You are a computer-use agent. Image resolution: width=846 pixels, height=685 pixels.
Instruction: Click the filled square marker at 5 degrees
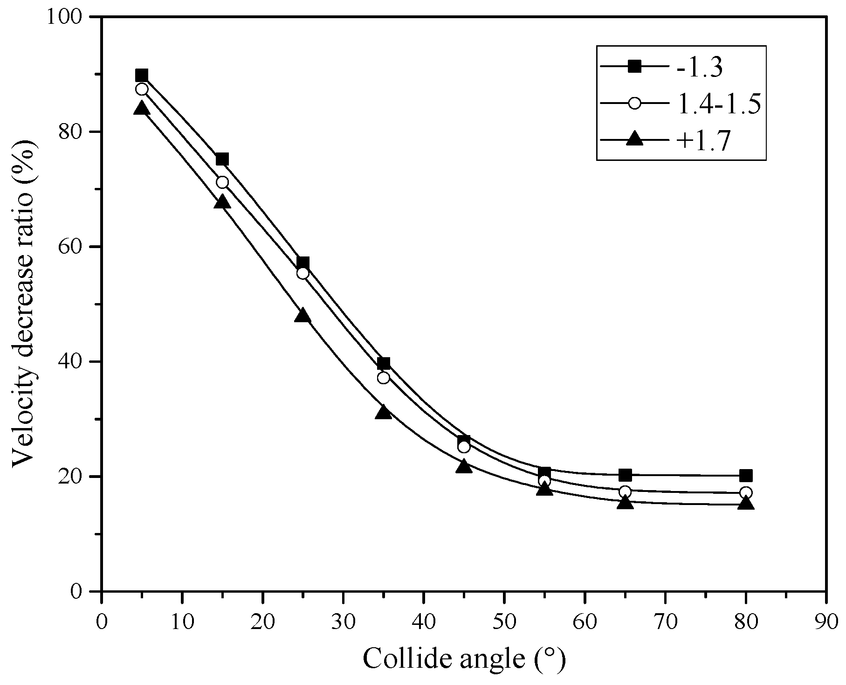pyautogui.click(x=142, y=75)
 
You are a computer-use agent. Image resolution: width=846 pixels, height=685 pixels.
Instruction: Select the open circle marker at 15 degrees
pyautogui.click(x=222, y=182)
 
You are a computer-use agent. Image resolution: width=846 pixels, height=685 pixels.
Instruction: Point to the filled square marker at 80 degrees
pyautogui.click(x=745, y=476)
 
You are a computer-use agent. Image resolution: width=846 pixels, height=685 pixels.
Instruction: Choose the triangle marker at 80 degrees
pyautogui.click(x=745, y=504)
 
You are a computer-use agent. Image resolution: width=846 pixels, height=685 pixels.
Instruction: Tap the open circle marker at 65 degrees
pyautogui.click(x=625, y=491)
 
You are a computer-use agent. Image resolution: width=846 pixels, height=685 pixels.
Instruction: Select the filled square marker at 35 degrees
pyautogui.click(x=384, y=364)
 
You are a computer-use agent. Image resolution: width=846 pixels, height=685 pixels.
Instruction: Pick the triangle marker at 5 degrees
pyautogui.click(x=142, y=109)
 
